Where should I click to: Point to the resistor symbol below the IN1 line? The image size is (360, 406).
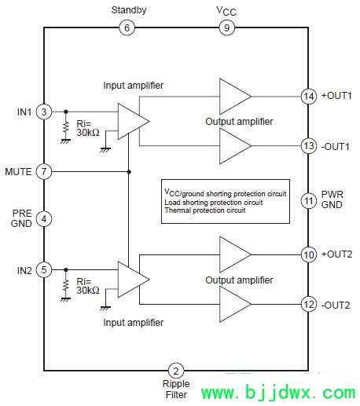click(x=66, y=127)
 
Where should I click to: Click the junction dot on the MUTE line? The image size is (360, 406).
click(x=129, y=172)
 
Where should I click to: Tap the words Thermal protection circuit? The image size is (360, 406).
click(x=205, y=210)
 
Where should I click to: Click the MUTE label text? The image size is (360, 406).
click(x=18, y=172)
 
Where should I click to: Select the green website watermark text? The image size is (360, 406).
click(x=278, y=393)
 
